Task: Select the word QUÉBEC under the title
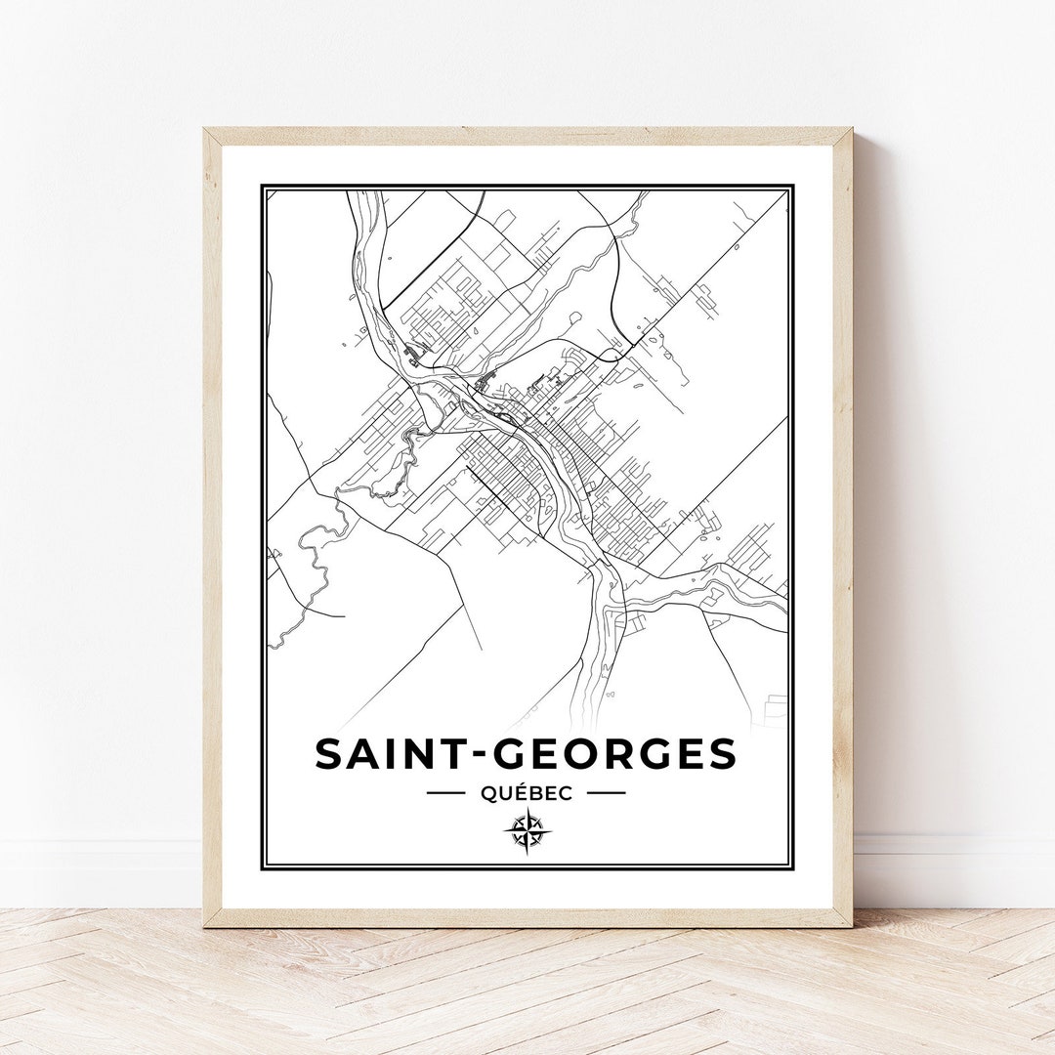point(527,793)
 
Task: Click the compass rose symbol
point(527,832)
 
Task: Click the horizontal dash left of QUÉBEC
point(445,793)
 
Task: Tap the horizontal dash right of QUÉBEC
point(606,793)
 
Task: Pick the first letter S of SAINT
point(329,753)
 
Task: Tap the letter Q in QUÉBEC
point(487,793)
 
